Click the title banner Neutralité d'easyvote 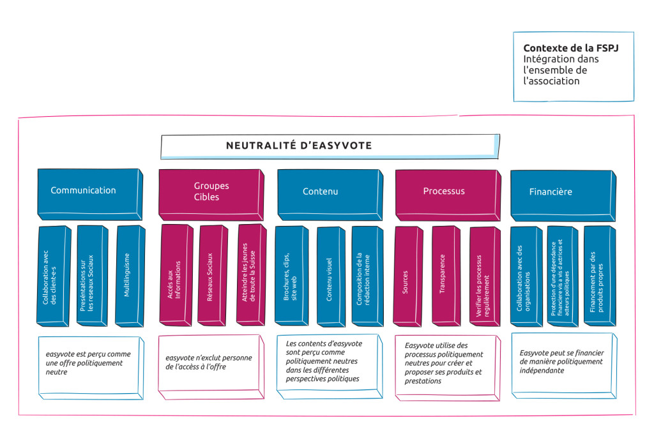pos(299,146)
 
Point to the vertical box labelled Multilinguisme pos(129,275)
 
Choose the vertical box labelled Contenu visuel pos(330,276)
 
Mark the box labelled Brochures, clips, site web pos(291,276)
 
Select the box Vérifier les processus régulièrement pos(483,276)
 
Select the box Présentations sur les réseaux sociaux pos(91,275)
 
